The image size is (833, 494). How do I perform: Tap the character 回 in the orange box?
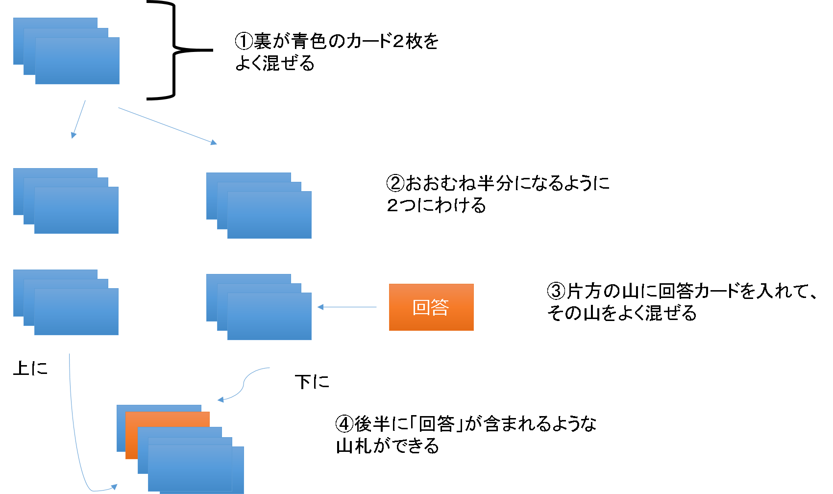[x=421, y=307]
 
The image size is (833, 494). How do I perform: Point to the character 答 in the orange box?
[x=440, y=307]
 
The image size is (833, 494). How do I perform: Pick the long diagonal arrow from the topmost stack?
[x=167, y=125]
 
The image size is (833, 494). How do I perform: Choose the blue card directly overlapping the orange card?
[x=179, y=432]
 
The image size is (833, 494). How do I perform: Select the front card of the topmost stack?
[x=77, y=61]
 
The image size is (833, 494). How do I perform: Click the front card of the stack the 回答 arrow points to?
[x=269, y=317]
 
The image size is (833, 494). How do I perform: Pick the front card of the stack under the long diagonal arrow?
[x=269, y=215]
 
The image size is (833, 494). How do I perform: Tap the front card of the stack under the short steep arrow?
[x=76, y=210]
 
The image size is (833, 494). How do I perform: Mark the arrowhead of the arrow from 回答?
[x=320, y=307]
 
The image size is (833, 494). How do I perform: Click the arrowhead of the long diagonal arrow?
[x=213, y=143]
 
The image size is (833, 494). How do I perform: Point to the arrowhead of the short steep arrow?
[x=73, y=135]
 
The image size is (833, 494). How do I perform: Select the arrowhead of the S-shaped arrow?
[x=221, y=399]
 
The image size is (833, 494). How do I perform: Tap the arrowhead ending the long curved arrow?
[x=114, y=487]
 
